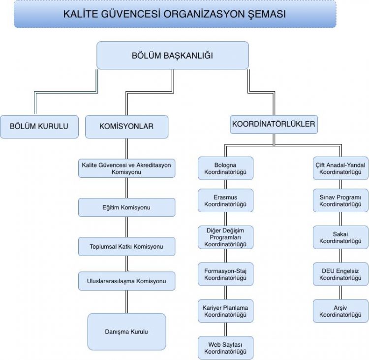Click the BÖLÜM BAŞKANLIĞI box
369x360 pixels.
pos(173,55)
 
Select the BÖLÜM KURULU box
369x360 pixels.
pos(39,127)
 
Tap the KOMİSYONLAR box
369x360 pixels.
pos(126,127)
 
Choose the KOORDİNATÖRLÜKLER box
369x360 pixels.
pos(274,124)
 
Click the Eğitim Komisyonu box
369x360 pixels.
pos(126,207)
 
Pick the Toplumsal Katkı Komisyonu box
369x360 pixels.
pos(126,246)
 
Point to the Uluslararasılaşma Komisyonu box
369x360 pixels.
pos(126,281)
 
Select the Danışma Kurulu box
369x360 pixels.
pos(126,331)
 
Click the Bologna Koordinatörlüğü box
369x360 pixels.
pos(225,168)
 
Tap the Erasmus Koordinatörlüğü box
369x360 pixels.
pos(225,200)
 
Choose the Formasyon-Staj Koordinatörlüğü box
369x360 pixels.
pos(225,274)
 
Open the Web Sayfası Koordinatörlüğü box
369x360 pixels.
pos(225,348)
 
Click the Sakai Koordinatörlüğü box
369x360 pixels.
pos(340,237)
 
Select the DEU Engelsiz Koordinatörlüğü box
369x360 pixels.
pos(340,274)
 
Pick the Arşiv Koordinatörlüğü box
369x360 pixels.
pos(340,311)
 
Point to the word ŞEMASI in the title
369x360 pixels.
pos(267,14)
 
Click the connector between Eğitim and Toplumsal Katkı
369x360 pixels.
pos(126,227)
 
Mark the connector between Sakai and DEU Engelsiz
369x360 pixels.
pos(340,256)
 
